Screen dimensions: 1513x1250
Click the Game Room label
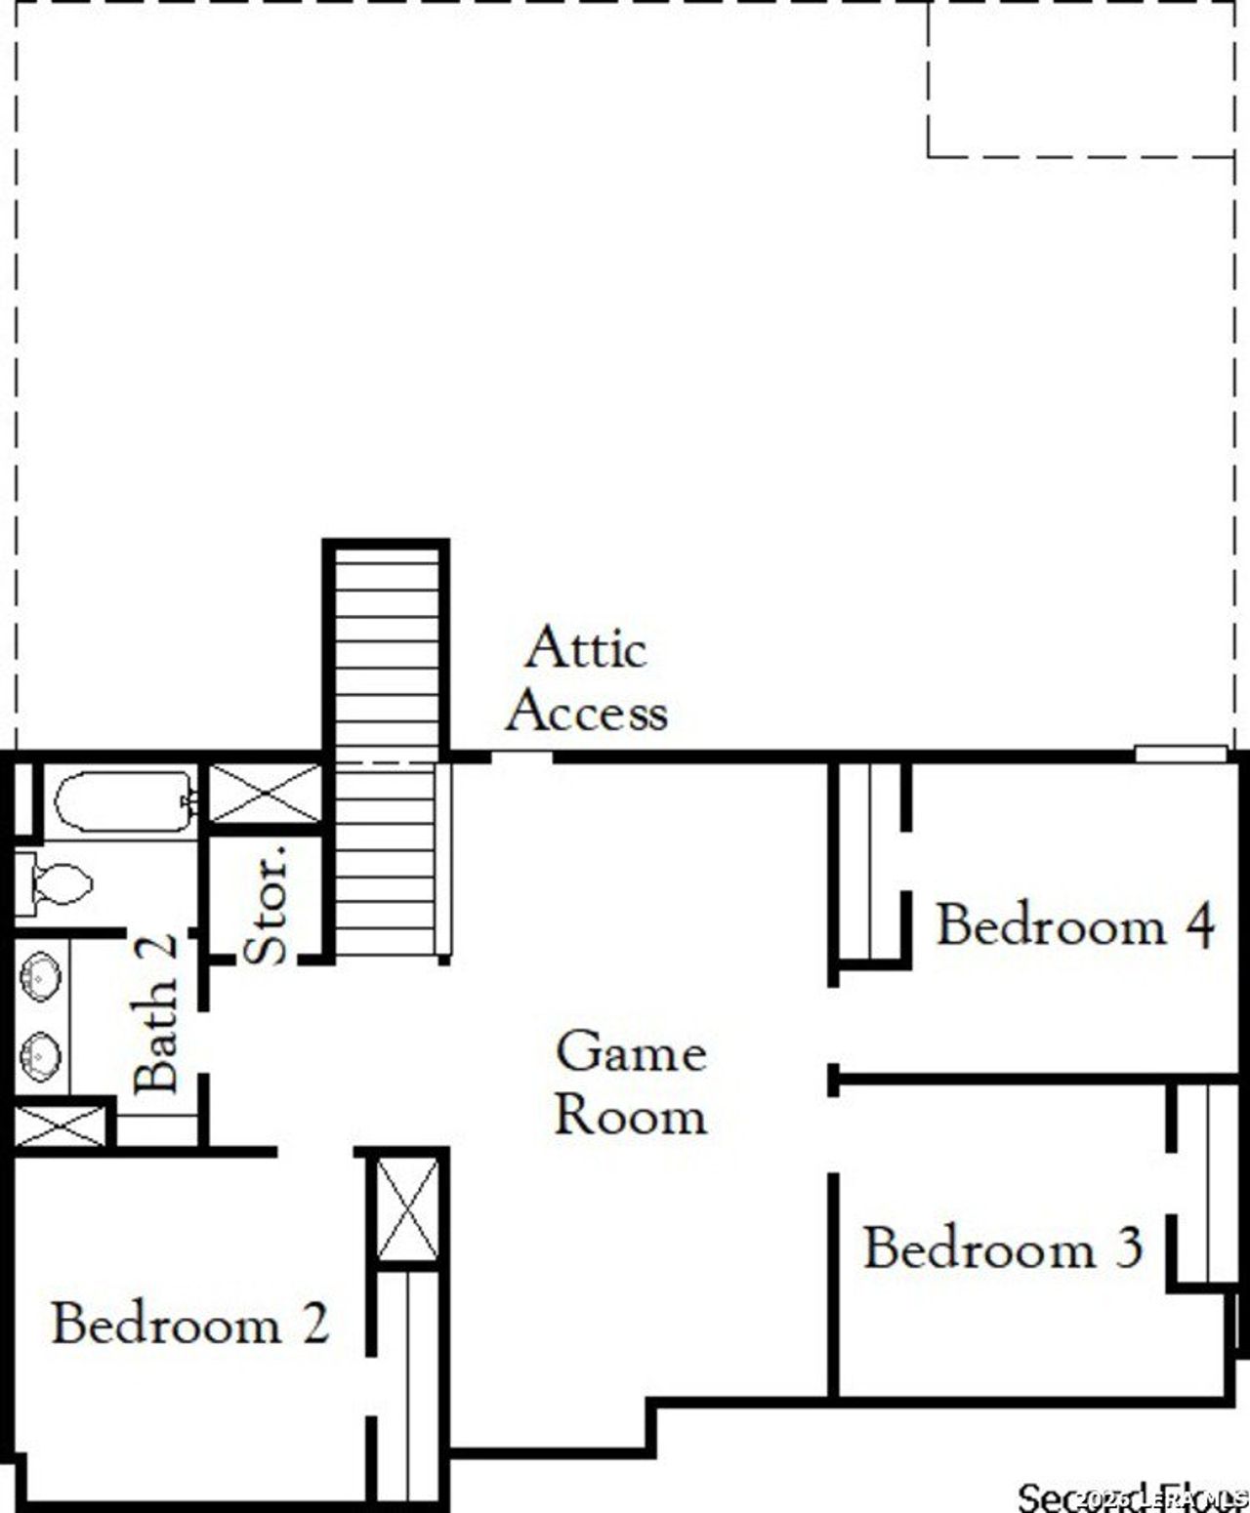631,1084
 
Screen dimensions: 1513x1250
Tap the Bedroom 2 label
190,1325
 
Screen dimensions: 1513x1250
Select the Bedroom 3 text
1003,1248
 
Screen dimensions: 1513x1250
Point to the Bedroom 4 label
1075,924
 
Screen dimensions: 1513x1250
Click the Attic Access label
587,680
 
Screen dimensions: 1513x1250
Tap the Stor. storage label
267,904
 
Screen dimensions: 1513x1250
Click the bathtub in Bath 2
124,801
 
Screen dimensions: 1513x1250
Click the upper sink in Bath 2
41,976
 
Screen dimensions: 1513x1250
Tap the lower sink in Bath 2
41,1055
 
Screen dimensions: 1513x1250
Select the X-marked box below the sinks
61,1125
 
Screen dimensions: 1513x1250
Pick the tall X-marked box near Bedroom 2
408,1209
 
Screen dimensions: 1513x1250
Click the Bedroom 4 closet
869,864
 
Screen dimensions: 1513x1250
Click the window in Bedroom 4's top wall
1181,754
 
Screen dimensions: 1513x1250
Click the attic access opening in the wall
521,756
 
